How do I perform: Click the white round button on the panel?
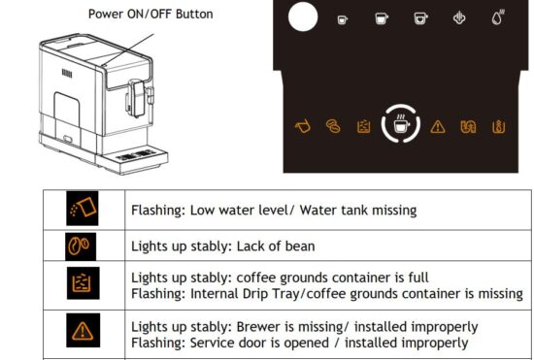pyautogui.click(x=304, y=16)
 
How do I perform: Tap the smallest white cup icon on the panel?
pyautogui.click(x=342, y=19)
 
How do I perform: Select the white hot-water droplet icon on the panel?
pyautogui.click(x=498, y=17)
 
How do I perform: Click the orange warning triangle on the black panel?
pyautogui.click(x=438, y=127)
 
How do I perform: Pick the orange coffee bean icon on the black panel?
pyautogui.click(x=333, y=127)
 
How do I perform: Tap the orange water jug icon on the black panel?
pyautogui.click(x=302, y=127)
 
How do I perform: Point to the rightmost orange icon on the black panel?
pyautogui.click(x=498, y=127)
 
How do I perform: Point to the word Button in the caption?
pyautogui.click(x=192, y=15)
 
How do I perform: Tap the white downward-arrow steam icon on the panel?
pyautogui.click(x=459, y=18)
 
